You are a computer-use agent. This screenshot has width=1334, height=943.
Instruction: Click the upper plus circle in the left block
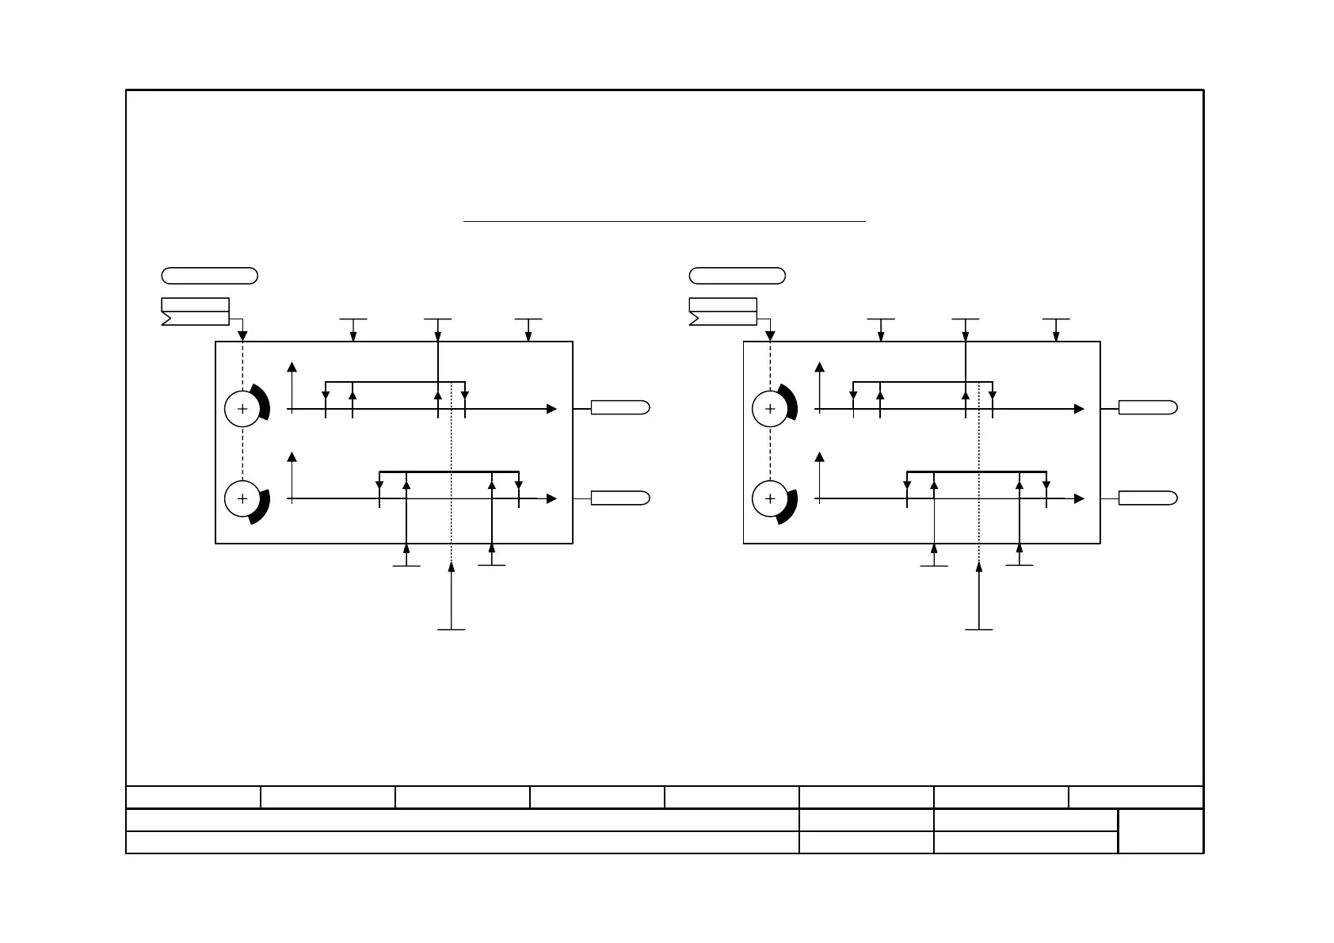242,409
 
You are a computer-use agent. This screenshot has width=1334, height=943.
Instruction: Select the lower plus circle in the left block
242,498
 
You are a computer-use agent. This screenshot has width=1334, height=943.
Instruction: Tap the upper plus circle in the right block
769,409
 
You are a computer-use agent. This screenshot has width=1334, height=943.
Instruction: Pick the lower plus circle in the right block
769,498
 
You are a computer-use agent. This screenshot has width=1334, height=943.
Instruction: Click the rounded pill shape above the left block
209,276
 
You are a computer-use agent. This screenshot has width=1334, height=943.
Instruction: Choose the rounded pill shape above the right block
737,276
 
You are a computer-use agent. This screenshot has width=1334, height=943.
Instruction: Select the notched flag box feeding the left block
195,311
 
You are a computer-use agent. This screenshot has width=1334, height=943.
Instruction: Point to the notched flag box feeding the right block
722,311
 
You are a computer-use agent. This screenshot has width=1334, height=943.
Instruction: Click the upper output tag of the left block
620,407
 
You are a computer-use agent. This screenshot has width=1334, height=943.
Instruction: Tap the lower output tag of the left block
620,498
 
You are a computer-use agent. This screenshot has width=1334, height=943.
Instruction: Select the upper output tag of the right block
1148,407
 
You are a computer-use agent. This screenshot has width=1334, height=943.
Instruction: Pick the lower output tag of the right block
1148,498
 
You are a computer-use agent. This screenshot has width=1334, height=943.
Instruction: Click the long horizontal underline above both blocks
664,222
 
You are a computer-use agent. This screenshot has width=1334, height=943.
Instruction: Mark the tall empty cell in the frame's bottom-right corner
1161,830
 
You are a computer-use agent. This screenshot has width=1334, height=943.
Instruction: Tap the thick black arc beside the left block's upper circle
264,402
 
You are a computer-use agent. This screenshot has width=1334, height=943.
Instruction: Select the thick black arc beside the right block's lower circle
791,507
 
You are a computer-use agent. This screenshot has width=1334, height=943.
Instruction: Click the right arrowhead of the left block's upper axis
551,409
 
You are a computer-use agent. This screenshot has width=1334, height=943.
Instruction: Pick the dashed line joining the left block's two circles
242,454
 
